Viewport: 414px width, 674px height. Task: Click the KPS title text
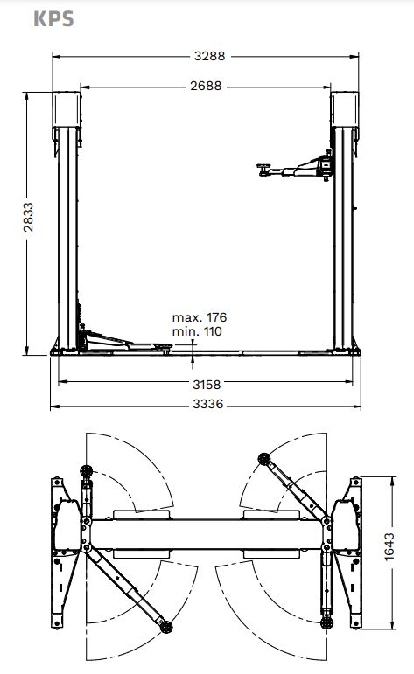click(x=53, y=19)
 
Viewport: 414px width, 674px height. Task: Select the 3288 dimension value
click(x=209, y=56)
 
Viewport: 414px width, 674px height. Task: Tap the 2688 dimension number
click(x=207, y=86)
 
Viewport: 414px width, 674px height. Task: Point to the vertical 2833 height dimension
click(x=28, y=217)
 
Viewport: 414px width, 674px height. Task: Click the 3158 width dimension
click(x=207, y=385)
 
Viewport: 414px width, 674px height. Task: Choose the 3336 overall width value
click(x=208, y=404)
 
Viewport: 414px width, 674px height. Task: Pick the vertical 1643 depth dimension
click(x=389, y=546)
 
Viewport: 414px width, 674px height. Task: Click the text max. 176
click(x=200, y=317)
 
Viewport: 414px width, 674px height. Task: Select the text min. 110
click(x=197, y=331)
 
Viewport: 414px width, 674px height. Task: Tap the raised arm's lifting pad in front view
click(x=263, y=168)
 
